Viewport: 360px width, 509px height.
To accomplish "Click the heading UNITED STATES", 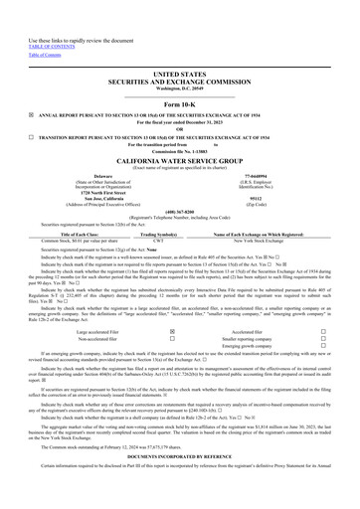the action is point(179,74).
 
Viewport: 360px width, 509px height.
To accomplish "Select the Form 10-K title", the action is point(179,103).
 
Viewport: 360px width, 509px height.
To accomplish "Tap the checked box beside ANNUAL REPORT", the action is point(30,114).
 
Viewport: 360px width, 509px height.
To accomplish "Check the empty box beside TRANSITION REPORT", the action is point(30,136).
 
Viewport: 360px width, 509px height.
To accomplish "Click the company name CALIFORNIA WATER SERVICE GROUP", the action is point(179,161).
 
